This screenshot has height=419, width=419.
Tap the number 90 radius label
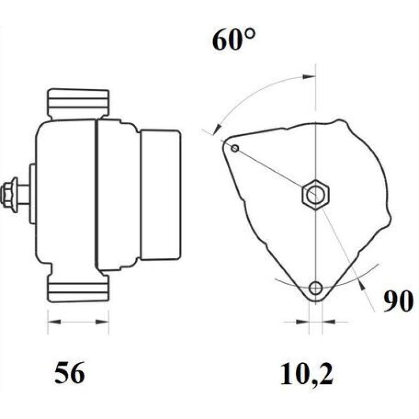click(x=398, y=302)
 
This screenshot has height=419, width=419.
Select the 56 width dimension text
click(x=69, y=373)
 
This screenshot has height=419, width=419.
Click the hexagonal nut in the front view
click(x=315, y=195)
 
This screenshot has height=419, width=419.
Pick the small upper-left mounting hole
click(x=235, y=149)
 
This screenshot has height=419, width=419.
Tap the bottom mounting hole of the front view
click(x=315, y=288)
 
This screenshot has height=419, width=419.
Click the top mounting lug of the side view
click(x=78, y=103)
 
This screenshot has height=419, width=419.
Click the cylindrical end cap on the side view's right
click(x=161, y=194)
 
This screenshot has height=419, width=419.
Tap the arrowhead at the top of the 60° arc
click(x=310, y=76)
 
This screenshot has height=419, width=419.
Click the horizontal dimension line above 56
click(x=78, y=321)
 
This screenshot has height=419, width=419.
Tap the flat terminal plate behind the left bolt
click(x=32, y=194)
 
